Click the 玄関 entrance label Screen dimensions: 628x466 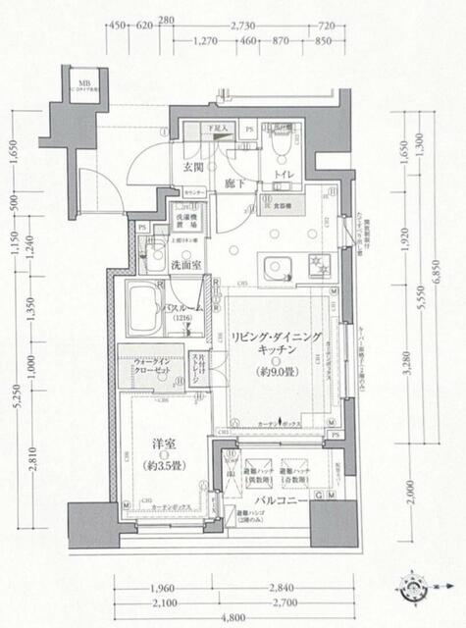click(193, 168)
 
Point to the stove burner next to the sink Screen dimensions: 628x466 click(317, 263)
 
